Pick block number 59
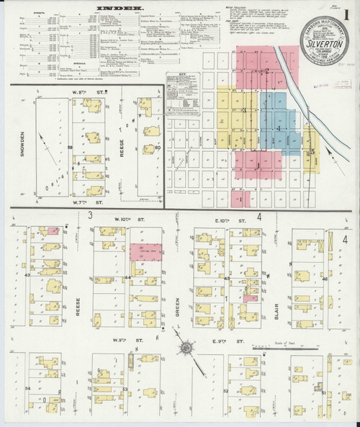[x=70, y=148]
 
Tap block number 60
[x=157, y=148]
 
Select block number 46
[x=325, y=278]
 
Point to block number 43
[x=27, y=275]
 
